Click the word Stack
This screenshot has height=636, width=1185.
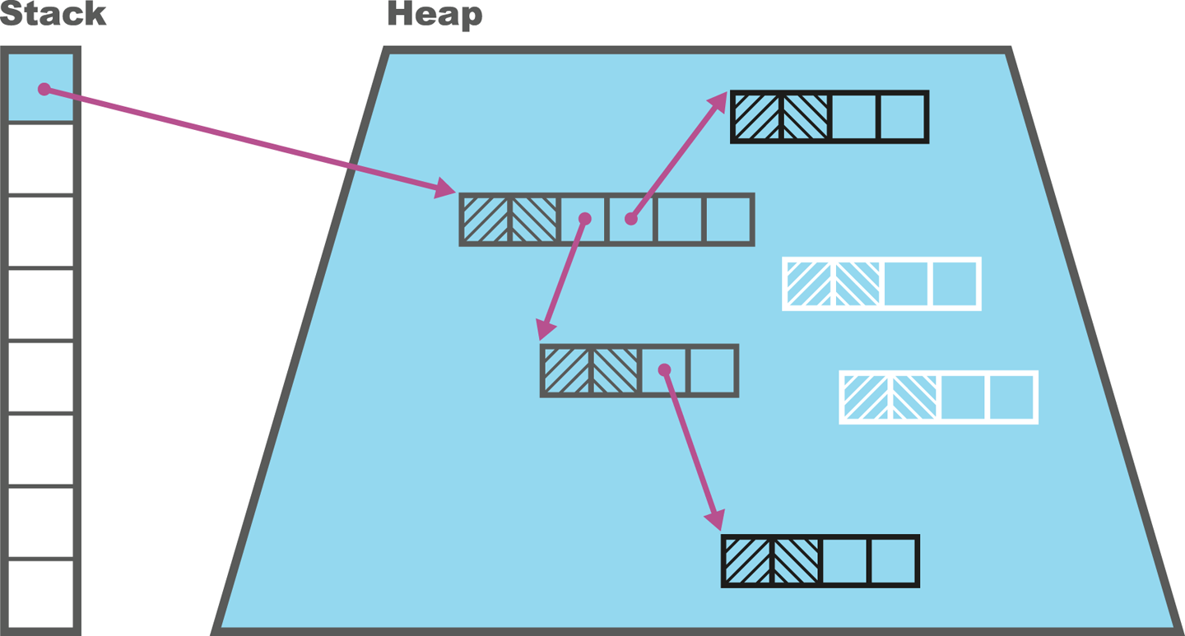tap(53, 14)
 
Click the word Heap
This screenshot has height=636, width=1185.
tap(434, 14)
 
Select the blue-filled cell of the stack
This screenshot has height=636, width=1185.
tap(41, 86)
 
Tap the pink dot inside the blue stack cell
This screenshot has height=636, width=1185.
tap(44, 89)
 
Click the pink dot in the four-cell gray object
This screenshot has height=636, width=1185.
tap(664, 370)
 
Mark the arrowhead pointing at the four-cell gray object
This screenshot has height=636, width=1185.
tap(544, 330)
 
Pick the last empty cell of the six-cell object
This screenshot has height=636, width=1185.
tap(728, 220)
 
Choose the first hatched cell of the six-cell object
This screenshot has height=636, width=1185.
tap(486, 220)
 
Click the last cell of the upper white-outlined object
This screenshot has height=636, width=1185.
tap(954, 284)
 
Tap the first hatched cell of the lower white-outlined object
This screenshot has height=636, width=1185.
tap(866, 397)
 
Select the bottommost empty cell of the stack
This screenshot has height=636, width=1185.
tap(41, 595)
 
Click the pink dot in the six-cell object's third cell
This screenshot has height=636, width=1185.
tap(585, 219)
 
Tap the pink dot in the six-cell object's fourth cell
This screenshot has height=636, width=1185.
tap(630, 219)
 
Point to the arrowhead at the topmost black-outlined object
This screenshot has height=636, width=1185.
tap(718, 102)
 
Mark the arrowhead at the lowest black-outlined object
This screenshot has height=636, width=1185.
tap(716, 520)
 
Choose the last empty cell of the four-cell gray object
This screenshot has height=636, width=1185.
tap(712, 370)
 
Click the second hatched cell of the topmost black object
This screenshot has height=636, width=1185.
tap(805, 117)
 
